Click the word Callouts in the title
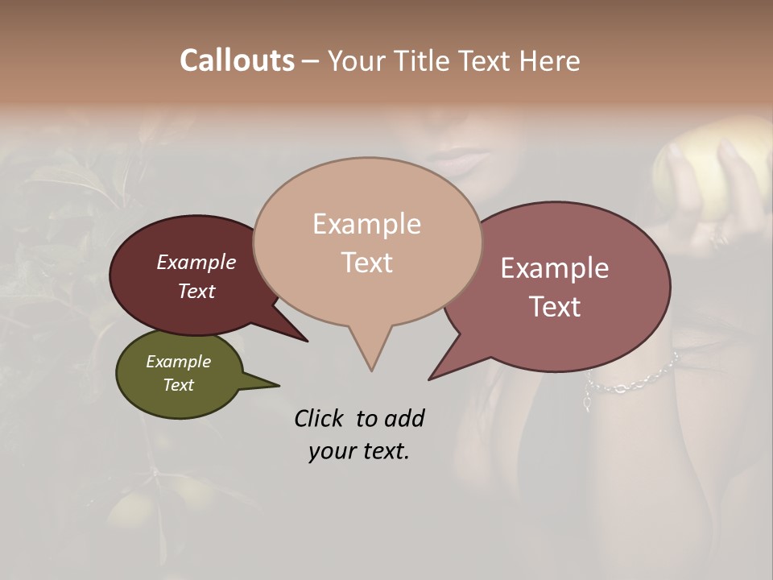237,60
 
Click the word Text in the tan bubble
366,262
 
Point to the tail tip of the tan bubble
371,370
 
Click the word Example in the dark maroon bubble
196,262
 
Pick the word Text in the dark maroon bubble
196,291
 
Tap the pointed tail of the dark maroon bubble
306,341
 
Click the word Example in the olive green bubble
178,362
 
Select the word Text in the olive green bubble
178,385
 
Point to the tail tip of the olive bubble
279,385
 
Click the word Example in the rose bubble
554,267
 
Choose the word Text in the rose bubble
555,307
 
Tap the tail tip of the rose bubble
430,379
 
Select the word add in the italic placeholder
403,418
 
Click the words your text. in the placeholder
358,451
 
